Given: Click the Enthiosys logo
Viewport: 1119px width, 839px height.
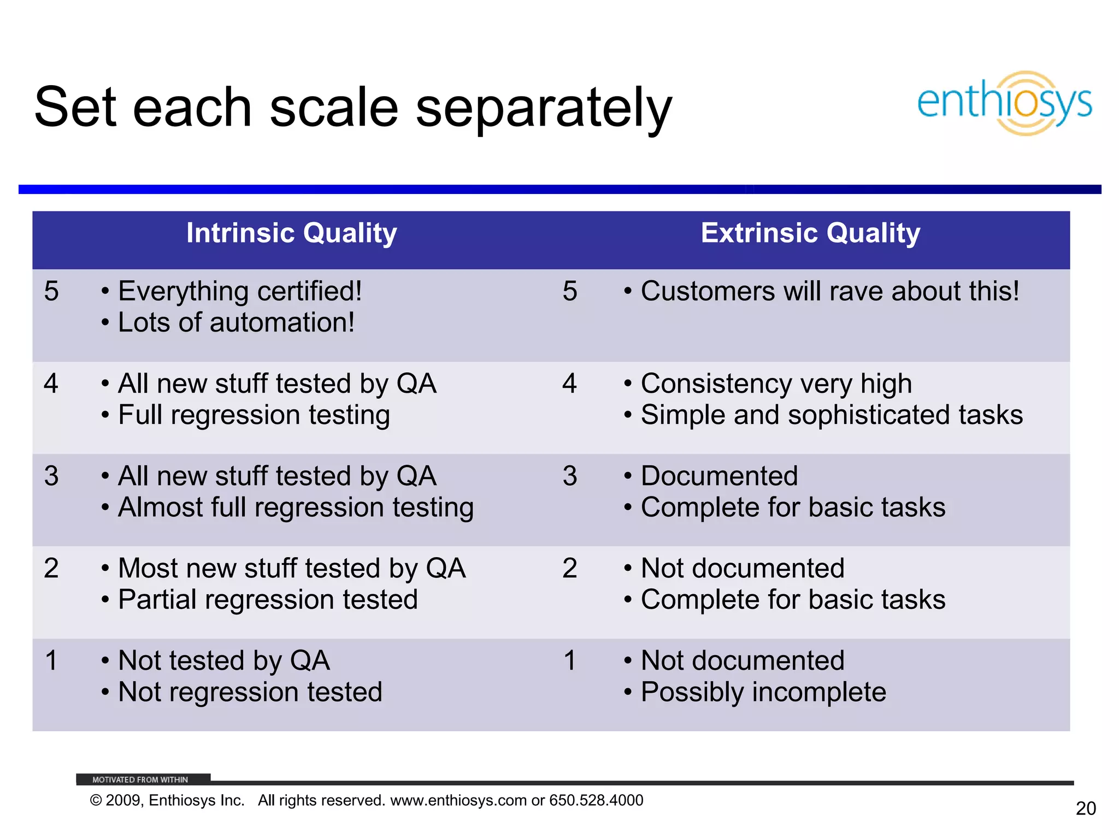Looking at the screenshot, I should pos(1004,103).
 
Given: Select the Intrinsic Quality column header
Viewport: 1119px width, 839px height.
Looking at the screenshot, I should pos(291,233).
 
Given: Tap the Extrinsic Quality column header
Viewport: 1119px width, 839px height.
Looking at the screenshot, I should pos(810,233).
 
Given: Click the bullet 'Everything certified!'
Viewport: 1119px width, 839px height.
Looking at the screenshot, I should pos(239,291).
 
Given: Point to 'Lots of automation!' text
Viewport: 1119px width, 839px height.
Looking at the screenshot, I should pos(236,322).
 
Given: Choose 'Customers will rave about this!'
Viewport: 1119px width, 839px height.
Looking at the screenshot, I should pos(829,291).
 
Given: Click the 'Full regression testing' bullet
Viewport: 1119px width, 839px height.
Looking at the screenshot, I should pos(254,415).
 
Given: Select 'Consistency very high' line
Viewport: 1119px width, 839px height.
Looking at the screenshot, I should pos(776,383).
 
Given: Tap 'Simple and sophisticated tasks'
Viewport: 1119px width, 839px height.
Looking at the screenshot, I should pos(831,415).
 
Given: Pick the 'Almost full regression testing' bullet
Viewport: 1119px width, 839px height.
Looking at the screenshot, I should pos(296,507).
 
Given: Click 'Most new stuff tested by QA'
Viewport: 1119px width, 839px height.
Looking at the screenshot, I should pos(292,568).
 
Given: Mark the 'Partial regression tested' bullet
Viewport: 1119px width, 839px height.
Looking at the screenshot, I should pos(268,600).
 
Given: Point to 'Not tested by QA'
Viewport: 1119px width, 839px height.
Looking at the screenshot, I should pos(223,660).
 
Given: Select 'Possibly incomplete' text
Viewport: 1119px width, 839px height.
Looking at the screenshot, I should pos(763,692).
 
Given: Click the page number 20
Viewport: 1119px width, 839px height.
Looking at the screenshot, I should pos(1086,808).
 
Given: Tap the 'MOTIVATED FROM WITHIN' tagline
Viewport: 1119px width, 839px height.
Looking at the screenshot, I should pos(140,779).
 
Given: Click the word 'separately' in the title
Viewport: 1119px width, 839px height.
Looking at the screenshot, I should pos(544,108).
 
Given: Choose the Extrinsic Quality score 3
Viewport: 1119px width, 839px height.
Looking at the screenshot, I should pos(570,476).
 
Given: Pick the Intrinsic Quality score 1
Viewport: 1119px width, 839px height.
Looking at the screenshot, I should pos(51,660).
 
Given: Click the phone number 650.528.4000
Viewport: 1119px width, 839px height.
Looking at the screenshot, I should pos(596,800).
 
